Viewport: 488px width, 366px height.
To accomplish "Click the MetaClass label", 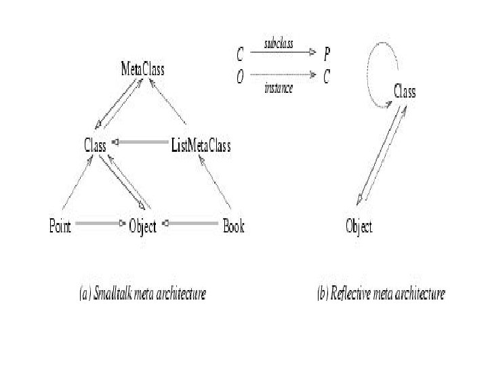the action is (x=142, y=68).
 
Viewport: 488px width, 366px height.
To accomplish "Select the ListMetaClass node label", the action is (x=201, y=145).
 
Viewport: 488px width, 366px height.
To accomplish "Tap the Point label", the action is (x=60, y=226).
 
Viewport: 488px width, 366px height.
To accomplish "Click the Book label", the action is (x=234, y=226).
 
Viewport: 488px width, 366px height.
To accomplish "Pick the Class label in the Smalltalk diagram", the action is (x=95, y=144).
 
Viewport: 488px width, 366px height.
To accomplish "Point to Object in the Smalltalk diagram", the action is (x=142, y=226).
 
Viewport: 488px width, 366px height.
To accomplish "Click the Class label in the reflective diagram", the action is (x=405, y=91).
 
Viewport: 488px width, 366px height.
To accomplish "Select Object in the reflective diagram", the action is (x=359, y=226).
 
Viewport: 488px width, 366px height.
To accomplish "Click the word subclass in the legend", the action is (x=279, y=44).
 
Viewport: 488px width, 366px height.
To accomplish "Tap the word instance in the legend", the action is (x=279, y=89).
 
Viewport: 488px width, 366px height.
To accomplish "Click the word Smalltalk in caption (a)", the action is (x=115, y=293).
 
